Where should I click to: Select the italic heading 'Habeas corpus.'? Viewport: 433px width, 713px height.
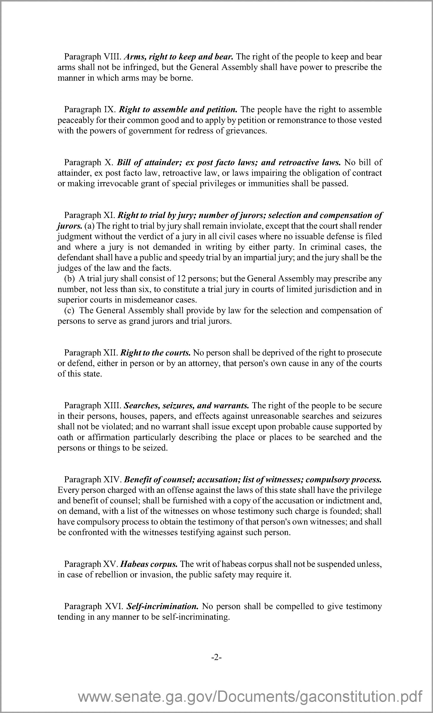[149, 564]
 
